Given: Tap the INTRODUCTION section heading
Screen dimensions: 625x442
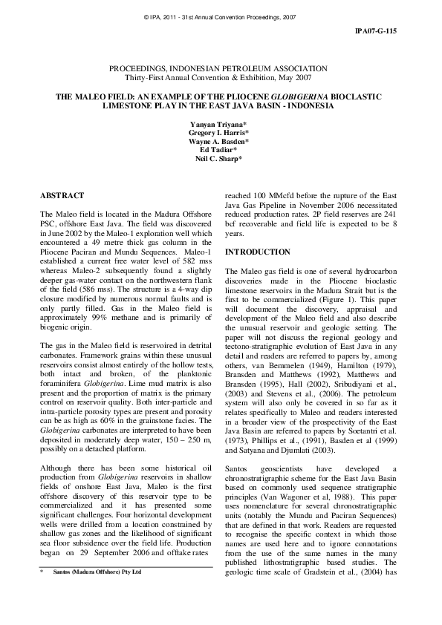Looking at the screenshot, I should point(259,252).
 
